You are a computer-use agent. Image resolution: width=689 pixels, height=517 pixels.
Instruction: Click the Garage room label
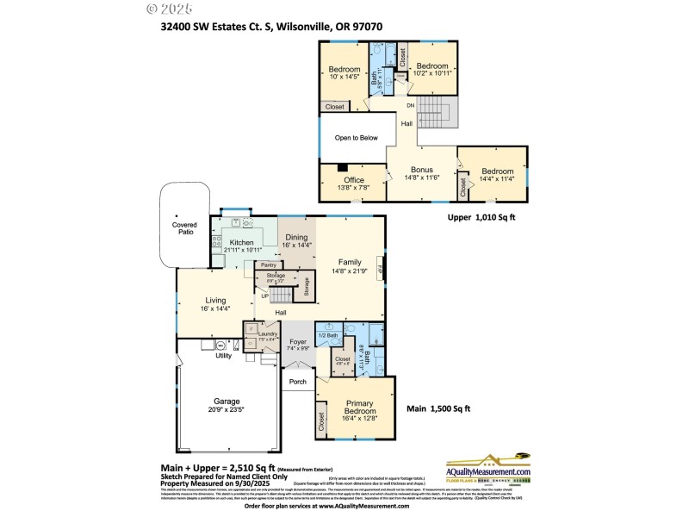point(227,401)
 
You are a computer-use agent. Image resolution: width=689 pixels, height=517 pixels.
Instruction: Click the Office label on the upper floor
point(354,179)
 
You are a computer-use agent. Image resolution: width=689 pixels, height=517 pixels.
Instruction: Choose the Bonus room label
point(422,170)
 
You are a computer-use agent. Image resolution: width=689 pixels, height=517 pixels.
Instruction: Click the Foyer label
point(297,342)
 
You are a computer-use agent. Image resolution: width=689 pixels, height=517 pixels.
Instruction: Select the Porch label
point(298,382)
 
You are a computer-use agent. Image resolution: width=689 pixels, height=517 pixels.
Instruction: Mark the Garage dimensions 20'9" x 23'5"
point(227,410)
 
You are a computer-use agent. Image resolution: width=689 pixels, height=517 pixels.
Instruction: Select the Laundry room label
point(267,333)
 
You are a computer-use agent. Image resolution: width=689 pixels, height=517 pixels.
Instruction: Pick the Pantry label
point(268,265)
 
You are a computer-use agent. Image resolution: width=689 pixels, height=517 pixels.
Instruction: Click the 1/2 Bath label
point(327,334)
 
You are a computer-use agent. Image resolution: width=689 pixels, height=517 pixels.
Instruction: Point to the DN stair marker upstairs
point(410,105)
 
